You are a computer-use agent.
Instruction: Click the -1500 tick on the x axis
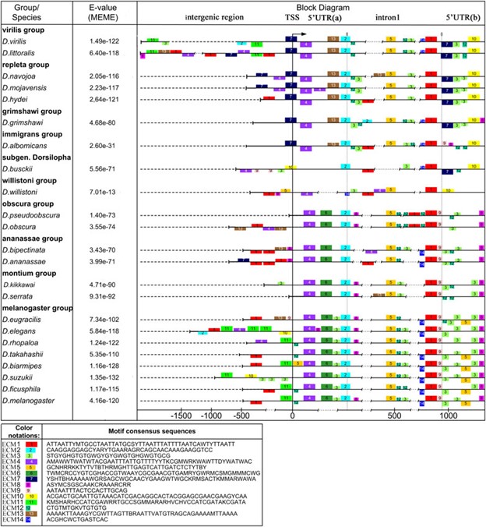181,416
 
